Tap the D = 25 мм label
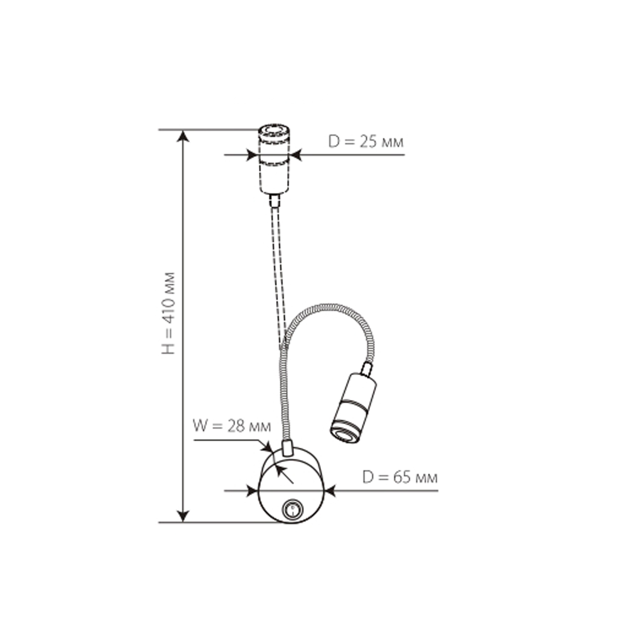tap(366, 142)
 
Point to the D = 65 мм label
tap(400, 478)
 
